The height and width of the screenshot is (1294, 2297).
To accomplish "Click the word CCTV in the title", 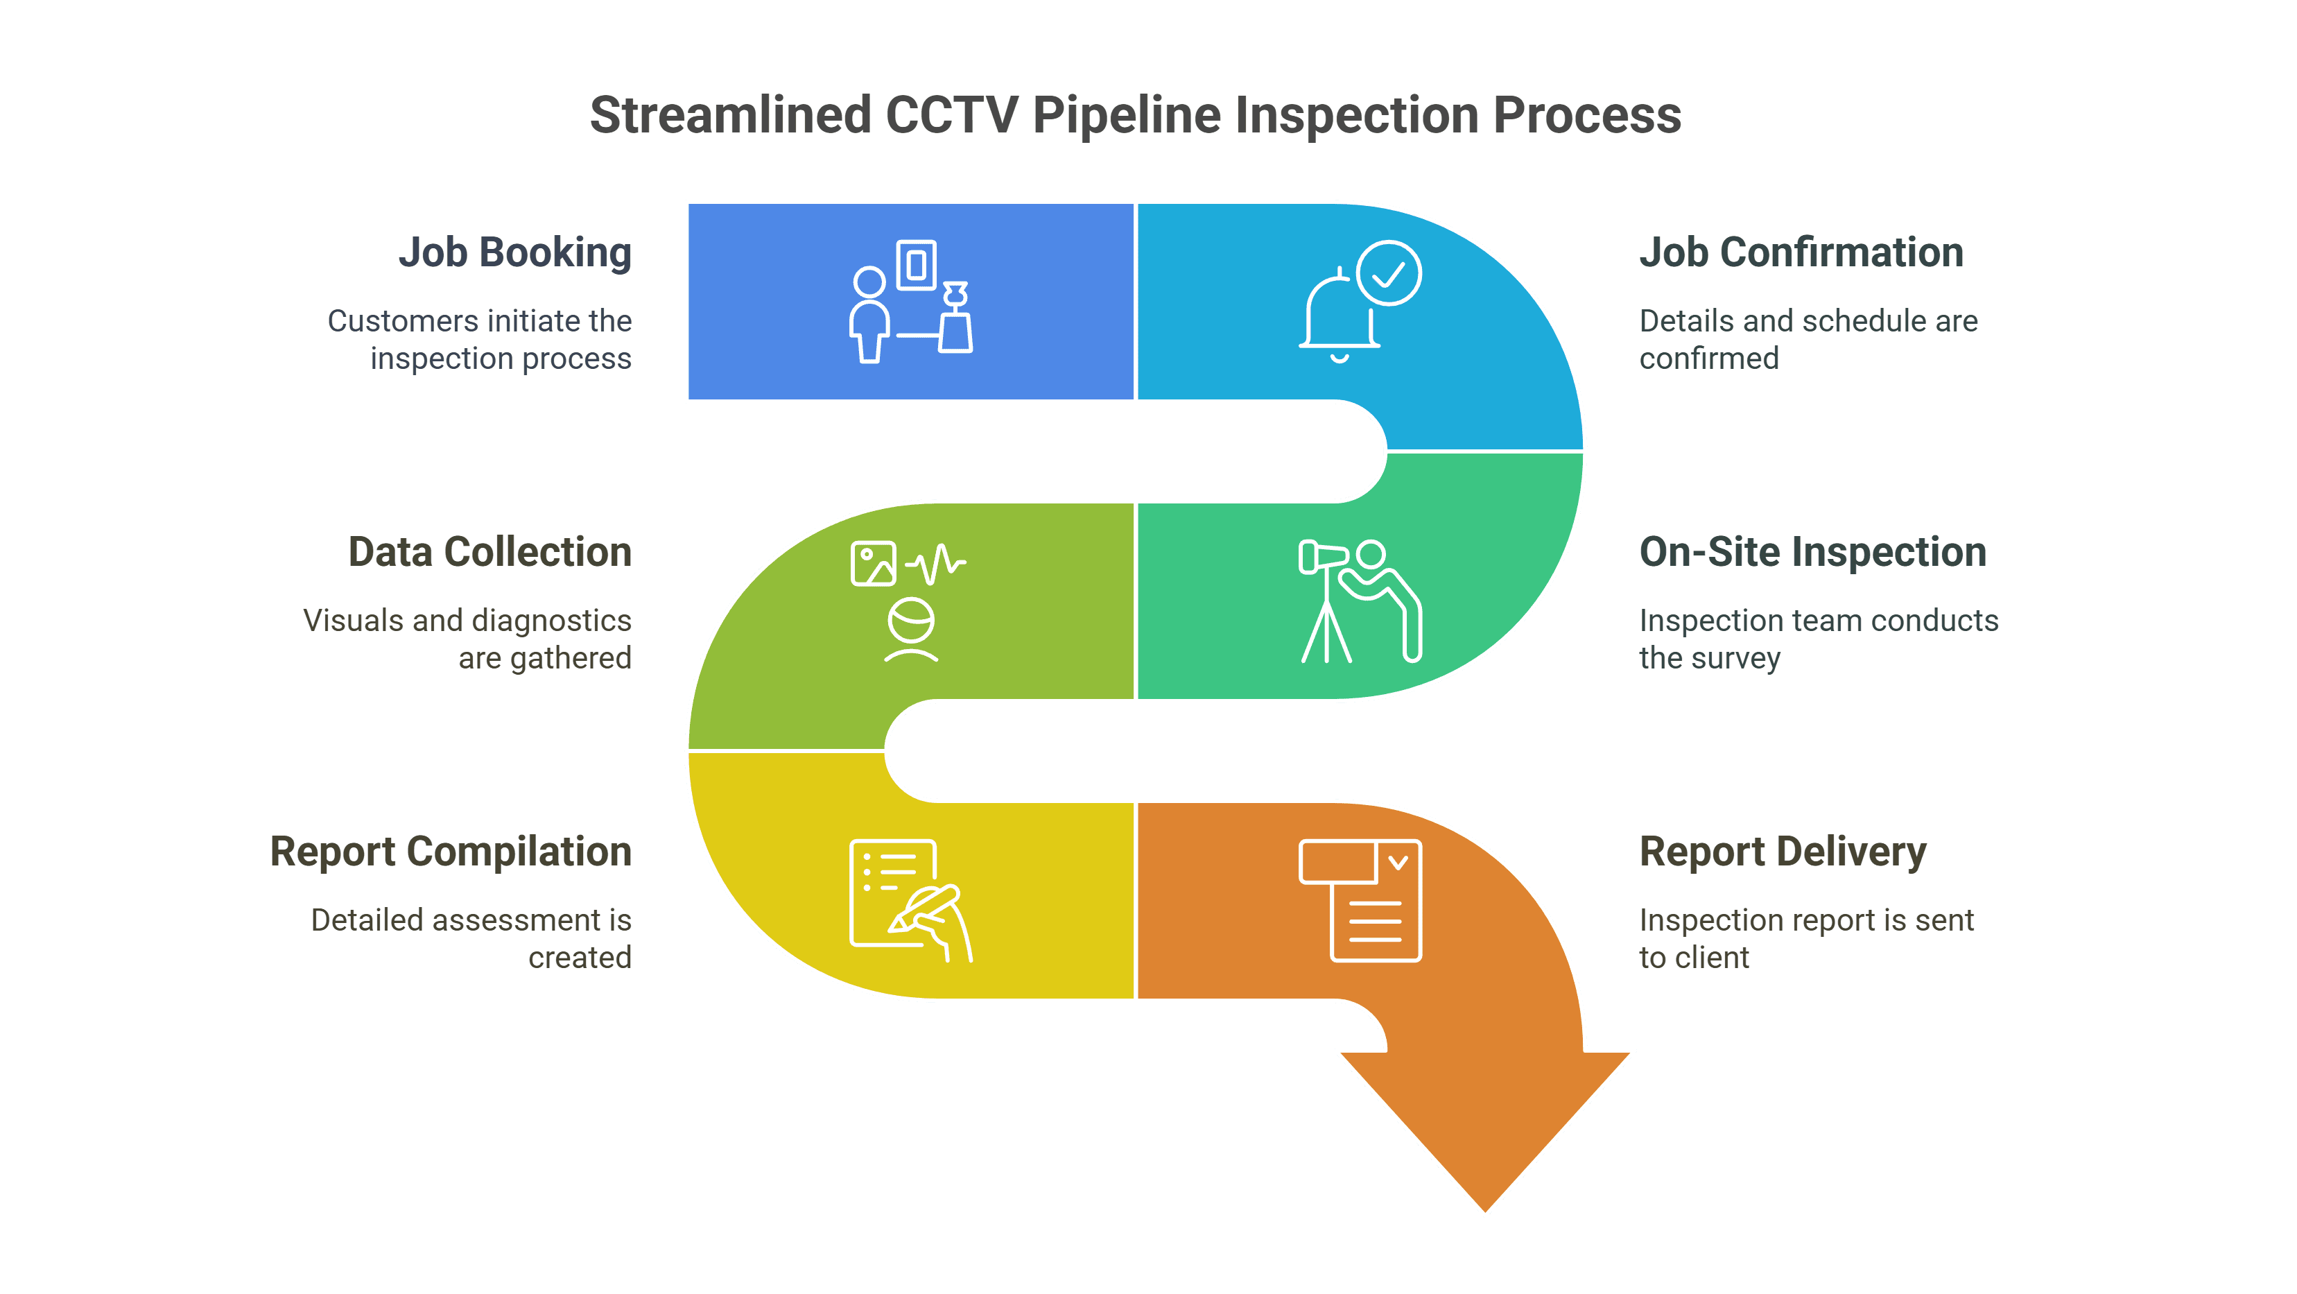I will (951, 116).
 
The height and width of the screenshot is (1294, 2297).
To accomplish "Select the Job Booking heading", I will (514, 252).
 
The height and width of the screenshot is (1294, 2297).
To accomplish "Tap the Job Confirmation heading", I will (1801, 252).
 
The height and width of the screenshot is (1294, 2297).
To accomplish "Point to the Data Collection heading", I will (489, 552).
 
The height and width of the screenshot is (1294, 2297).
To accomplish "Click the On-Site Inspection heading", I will (1812, 552).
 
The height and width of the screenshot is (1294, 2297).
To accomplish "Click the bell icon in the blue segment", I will (1338, 318).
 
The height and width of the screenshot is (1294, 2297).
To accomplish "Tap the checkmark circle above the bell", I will (1388, 273).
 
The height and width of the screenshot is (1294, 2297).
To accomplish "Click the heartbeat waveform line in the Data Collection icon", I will (935, 564).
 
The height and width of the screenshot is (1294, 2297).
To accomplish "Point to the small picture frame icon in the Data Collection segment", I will (873, 564).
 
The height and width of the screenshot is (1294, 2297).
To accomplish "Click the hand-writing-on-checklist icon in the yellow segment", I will (910, 900).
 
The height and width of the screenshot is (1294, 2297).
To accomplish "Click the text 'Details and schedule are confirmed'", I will (1808, 339).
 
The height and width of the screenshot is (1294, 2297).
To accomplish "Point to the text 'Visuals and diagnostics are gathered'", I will (467, 639).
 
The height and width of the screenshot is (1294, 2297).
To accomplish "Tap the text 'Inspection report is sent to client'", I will (1805, 938).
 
